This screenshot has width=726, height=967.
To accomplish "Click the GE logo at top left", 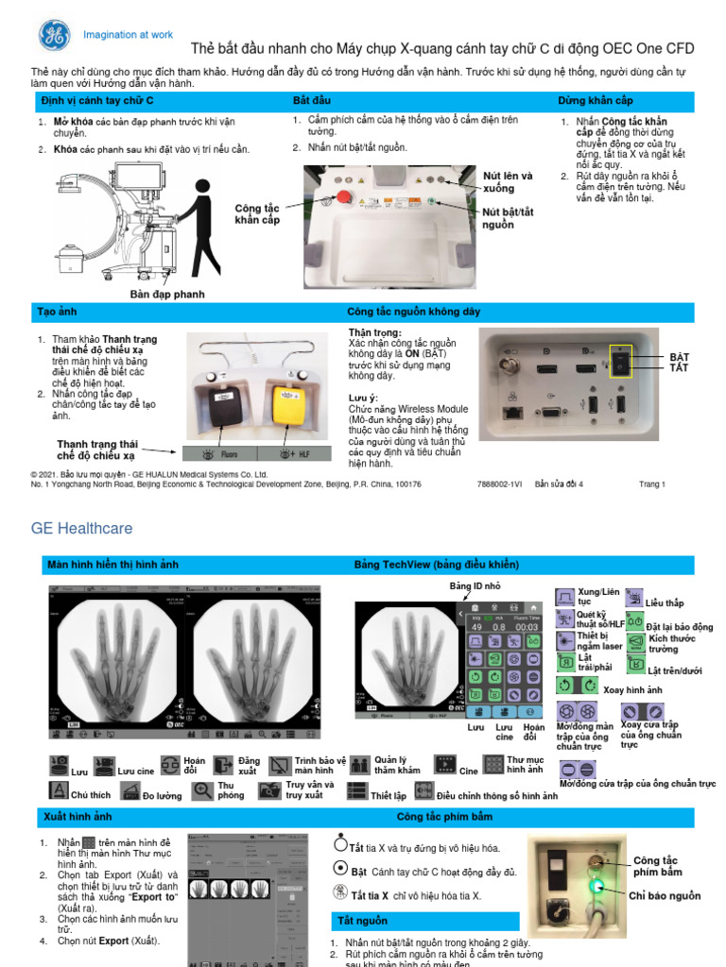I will click(54, 35).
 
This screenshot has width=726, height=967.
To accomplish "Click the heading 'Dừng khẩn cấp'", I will click(595, 100).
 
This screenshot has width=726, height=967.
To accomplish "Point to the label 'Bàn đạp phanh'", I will click(166, 294).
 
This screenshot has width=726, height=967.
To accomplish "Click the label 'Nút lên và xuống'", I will click(508, 181).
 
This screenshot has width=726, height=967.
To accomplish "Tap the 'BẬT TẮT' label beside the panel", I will click(680, 362).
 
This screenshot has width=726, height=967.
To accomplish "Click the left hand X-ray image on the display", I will click(119, 660).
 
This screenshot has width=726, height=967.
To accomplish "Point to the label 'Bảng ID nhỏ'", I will click(474, 586).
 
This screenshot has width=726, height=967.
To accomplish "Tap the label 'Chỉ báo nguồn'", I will click(665, 895).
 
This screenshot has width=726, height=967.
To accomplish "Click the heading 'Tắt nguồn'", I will click(363, 920).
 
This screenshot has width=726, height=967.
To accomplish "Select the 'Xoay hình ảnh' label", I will click(632, 690).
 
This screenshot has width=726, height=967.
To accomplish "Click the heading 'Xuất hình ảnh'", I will click(78, 815).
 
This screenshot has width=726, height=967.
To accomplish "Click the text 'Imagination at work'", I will click(129, 35).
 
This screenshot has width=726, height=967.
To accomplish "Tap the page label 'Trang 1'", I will click(652, 484).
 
